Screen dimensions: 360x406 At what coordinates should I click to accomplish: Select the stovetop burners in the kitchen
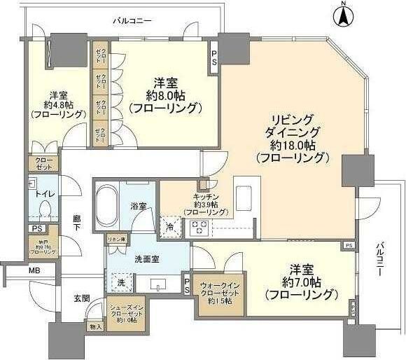tap(197, 227)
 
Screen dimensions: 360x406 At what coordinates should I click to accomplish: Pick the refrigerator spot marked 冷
tap(170, 226)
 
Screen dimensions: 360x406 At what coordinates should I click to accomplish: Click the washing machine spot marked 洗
tap(120, 282)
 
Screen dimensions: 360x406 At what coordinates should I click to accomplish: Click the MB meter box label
tap(34, 270)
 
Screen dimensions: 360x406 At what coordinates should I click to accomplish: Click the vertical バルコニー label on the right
tap(381, 260)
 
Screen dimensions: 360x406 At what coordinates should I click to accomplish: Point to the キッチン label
tap(206, 198)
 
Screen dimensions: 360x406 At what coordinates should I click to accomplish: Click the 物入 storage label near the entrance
tap(96, 326)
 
